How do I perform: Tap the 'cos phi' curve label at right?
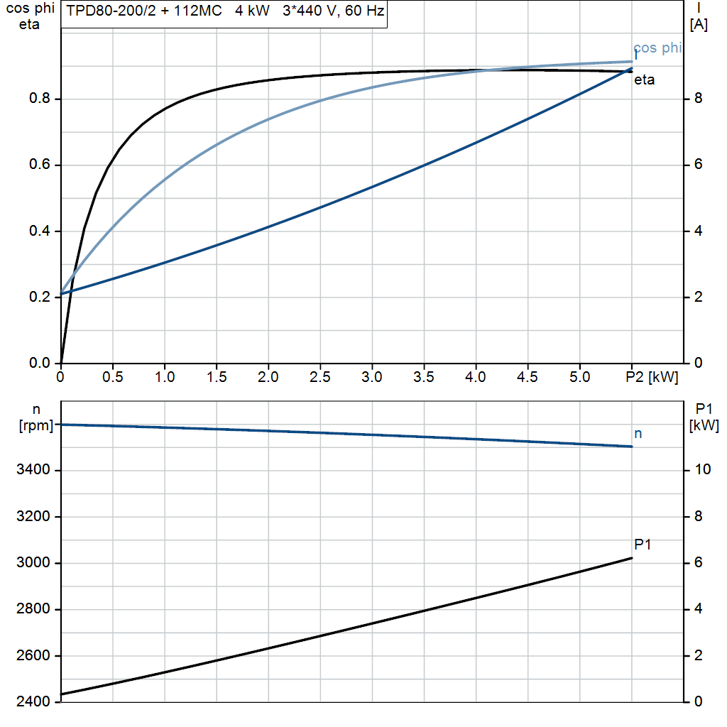tap(657, 48)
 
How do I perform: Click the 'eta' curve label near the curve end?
tap(644, 80)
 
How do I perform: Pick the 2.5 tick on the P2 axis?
tap(320, 378)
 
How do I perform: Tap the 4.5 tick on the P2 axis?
tap(528, 378)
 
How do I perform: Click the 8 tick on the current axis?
tap(698, 99)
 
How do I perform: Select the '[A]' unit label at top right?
tap(699, 26)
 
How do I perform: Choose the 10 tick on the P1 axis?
tap(701, 470)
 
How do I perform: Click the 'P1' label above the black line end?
tap(643, 545)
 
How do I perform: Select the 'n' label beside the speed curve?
tap(638, 433)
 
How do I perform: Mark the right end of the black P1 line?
tap(631, 558)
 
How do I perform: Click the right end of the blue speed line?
tap(631, 447)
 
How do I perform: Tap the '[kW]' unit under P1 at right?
tap(704, 426)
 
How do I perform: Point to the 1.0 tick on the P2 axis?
tap(165, 378)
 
